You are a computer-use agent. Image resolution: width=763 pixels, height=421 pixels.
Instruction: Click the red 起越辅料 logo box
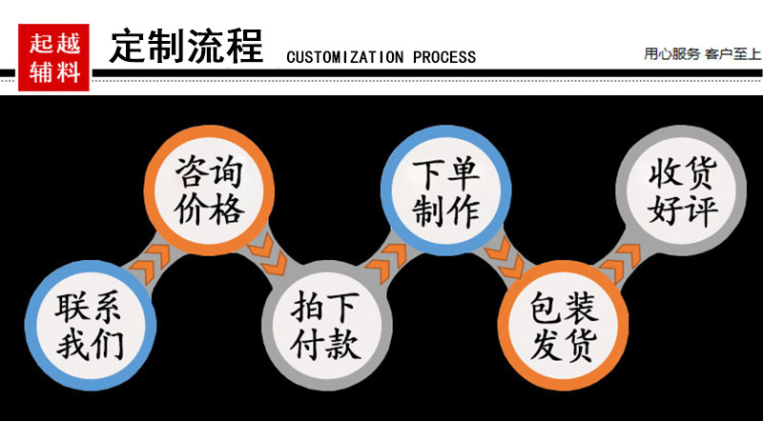click(54, 58)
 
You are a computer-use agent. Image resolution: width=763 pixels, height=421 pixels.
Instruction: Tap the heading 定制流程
click(186, 46)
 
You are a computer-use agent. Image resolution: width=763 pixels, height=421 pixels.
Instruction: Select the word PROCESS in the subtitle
click(444, 57)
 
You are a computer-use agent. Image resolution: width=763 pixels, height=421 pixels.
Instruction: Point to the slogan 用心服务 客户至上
click(702, 53)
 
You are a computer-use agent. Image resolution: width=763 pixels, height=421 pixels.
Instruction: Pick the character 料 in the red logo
click(68, 72)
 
